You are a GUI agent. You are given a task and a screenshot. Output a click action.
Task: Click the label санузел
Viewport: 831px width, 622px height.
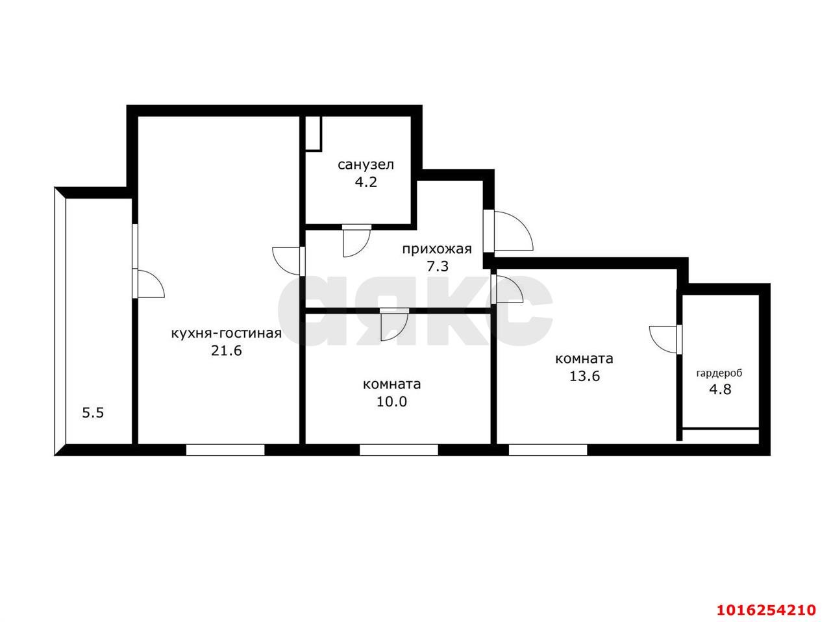[366, 165]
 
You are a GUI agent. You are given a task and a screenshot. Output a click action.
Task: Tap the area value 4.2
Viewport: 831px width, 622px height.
[366, 182]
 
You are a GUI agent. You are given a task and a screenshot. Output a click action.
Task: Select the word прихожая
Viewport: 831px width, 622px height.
[437, 249]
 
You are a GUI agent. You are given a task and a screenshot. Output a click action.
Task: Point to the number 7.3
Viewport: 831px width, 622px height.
[438, 266]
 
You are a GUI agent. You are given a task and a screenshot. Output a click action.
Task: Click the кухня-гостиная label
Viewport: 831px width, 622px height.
[227, 334]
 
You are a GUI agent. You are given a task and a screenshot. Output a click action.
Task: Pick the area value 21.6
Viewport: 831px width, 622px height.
[227, 351]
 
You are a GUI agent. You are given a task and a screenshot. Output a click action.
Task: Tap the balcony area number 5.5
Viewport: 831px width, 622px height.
[93, 413]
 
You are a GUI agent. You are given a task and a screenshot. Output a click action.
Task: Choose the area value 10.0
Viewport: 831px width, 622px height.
[391, 402]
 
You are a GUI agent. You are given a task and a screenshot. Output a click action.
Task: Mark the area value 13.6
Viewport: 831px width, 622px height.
[584, 377]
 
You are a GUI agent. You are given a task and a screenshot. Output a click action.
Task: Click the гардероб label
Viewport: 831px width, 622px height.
[719, 373]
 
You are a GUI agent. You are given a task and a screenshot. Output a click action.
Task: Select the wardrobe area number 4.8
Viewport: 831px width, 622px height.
[720, 390]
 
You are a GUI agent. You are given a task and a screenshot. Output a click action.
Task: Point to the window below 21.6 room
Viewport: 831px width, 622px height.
[225, 450]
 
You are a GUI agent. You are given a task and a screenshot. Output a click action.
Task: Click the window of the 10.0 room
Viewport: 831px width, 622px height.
[399, 450]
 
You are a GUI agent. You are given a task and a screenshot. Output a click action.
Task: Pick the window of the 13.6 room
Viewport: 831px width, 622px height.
[548, 450]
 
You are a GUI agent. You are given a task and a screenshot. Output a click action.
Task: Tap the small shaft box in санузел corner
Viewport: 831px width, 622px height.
[314, 134]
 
